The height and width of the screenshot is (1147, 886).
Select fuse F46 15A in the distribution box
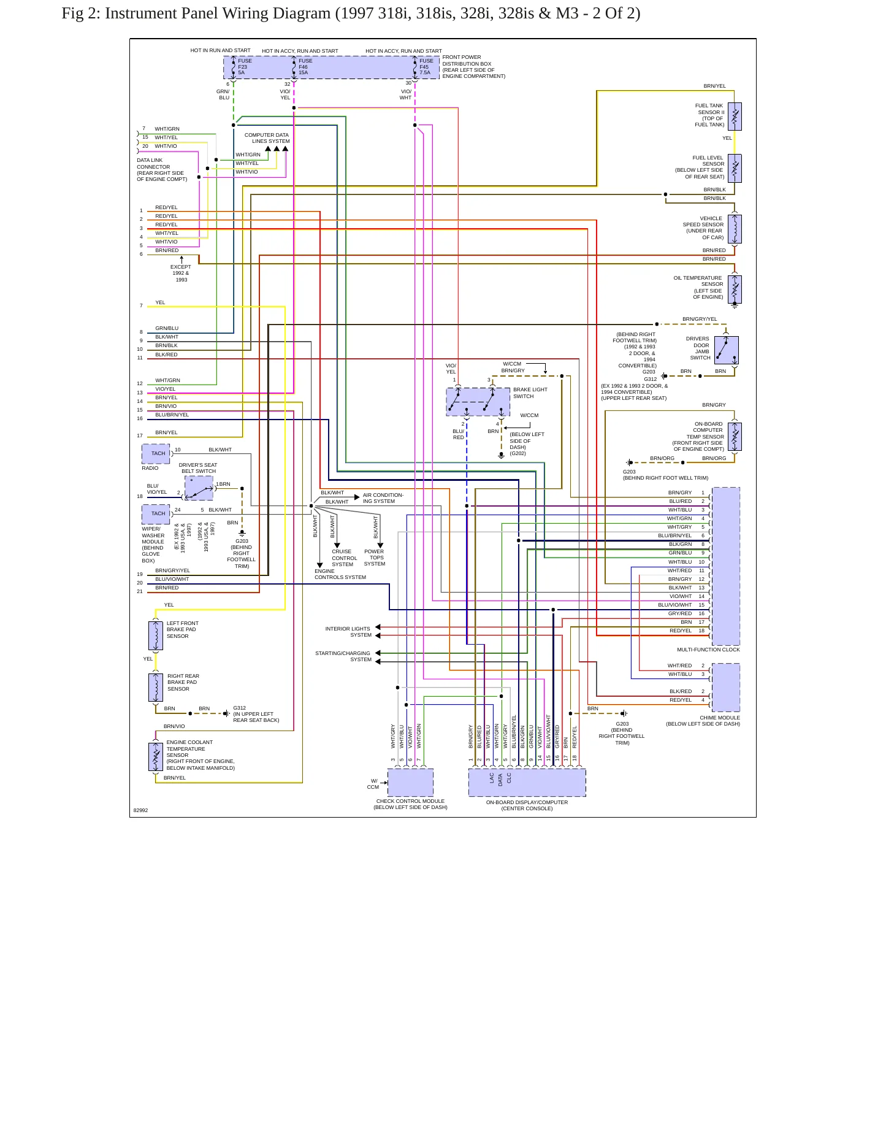pyautogui.click(x=305, y=67)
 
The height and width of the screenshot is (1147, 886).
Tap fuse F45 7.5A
pyautogui.click(x=426, y=67)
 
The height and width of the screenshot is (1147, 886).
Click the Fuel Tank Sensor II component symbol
pyautogui.click(x=735, y=117)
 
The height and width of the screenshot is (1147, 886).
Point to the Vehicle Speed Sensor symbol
pyautogui.click(x=735, y=229)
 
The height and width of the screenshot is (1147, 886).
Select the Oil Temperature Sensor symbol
pyautogui.click(x=735, y=290)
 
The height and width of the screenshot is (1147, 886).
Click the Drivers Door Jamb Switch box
pyautogui.click(x=726, y=350)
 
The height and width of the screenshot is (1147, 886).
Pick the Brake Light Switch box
pyautogui.click(x=478, y=402)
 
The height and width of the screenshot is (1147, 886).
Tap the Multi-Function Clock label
pyautogui.click(x=708, y=650)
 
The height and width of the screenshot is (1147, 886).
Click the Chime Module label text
pyautogui.click(x=720, y=718)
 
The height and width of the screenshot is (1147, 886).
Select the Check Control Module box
pyautogui.click(x=410, y=783)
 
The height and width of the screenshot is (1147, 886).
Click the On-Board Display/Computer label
pyautogui.click(x=527, y=802)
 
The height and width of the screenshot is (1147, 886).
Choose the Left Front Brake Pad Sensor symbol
pyautogui.click(x=156, y=635)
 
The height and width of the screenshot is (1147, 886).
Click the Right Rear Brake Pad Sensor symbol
pyautogui.click(x=156, y=688)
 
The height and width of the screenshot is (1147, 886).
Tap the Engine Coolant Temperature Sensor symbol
pyautogui.click(x=156, y=757)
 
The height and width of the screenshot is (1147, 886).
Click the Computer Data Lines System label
pyautogui.click(x=267, y=138)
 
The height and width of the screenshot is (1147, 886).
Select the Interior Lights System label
pyautogui.click(x=348, y=632)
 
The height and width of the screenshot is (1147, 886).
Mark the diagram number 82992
pyautogui.click(x=140, y=810)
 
